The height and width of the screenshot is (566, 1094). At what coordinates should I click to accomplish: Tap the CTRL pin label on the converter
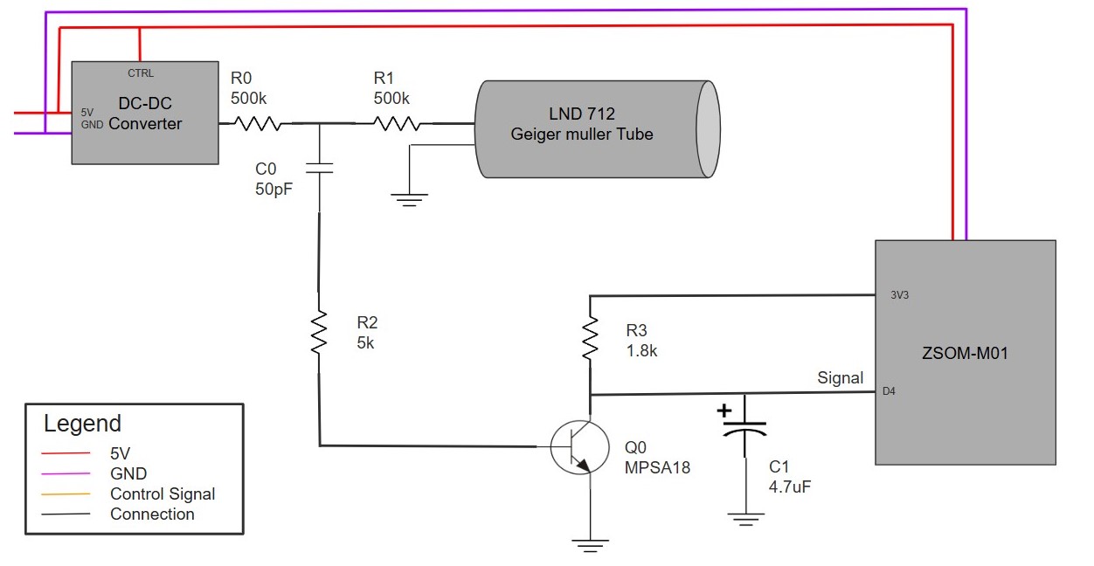pos(140,73)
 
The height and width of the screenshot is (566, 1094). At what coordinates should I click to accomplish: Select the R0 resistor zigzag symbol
pos(256,124)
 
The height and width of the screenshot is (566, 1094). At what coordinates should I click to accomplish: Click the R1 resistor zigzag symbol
pos(398,124)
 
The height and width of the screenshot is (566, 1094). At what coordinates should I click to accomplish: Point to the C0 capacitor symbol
pos(319,166)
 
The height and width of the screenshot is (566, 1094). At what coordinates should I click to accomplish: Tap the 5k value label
pos(365,343)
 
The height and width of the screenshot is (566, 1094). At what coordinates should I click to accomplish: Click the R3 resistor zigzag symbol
pos(591,339)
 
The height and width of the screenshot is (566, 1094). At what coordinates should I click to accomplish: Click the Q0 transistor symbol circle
pos(579,446)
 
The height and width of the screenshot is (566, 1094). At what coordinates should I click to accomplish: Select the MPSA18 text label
pos(657,467)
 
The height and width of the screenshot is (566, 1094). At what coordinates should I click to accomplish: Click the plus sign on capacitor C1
pos(724,410)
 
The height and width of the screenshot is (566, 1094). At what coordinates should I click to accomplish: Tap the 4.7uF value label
pos(790,487)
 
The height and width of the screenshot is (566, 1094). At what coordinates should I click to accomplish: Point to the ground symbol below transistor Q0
pos(591,545)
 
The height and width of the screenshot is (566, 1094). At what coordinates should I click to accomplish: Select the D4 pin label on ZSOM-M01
pos(889,391)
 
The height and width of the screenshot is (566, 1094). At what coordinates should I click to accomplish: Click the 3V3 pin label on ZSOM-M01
pos(899,295)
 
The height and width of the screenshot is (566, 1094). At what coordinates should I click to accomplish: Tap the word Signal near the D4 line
pos(840,377)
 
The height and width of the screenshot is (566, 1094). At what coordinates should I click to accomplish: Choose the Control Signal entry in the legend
pos(162,494)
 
